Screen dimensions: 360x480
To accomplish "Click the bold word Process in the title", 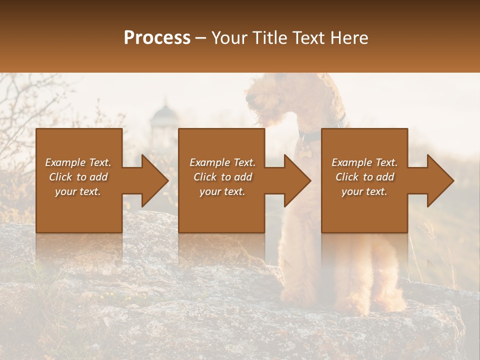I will [x=157, y=38].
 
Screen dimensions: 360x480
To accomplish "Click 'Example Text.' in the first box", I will [x=78, y=162].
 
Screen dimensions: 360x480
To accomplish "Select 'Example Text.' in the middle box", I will [x=222, y=162].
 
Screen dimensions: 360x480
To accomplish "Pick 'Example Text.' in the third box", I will [x=364, y=162].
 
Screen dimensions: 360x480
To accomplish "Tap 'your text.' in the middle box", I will [x=222, y=191].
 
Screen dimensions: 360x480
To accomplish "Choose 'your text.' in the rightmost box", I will [x=364, y=191].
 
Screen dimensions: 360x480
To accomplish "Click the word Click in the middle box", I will [x=205, y=177].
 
